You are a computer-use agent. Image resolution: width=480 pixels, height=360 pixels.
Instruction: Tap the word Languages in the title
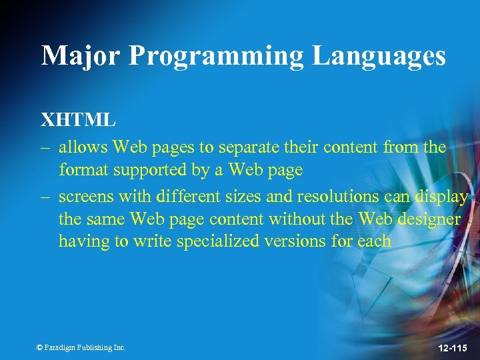tap(379, 56)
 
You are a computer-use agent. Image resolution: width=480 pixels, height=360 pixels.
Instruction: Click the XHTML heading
tap(79, 121)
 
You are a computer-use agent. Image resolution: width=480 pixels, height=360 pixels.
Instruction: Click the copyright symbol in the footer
tap(40, 347)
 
